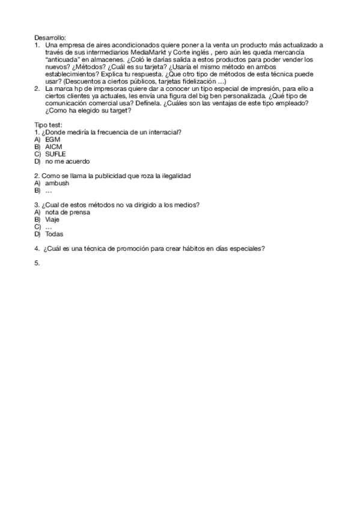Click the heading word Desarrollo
50,37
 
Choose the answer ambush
57,183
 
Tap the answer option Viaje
53,220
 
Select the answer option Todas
54,234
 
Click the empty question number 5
37,263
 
